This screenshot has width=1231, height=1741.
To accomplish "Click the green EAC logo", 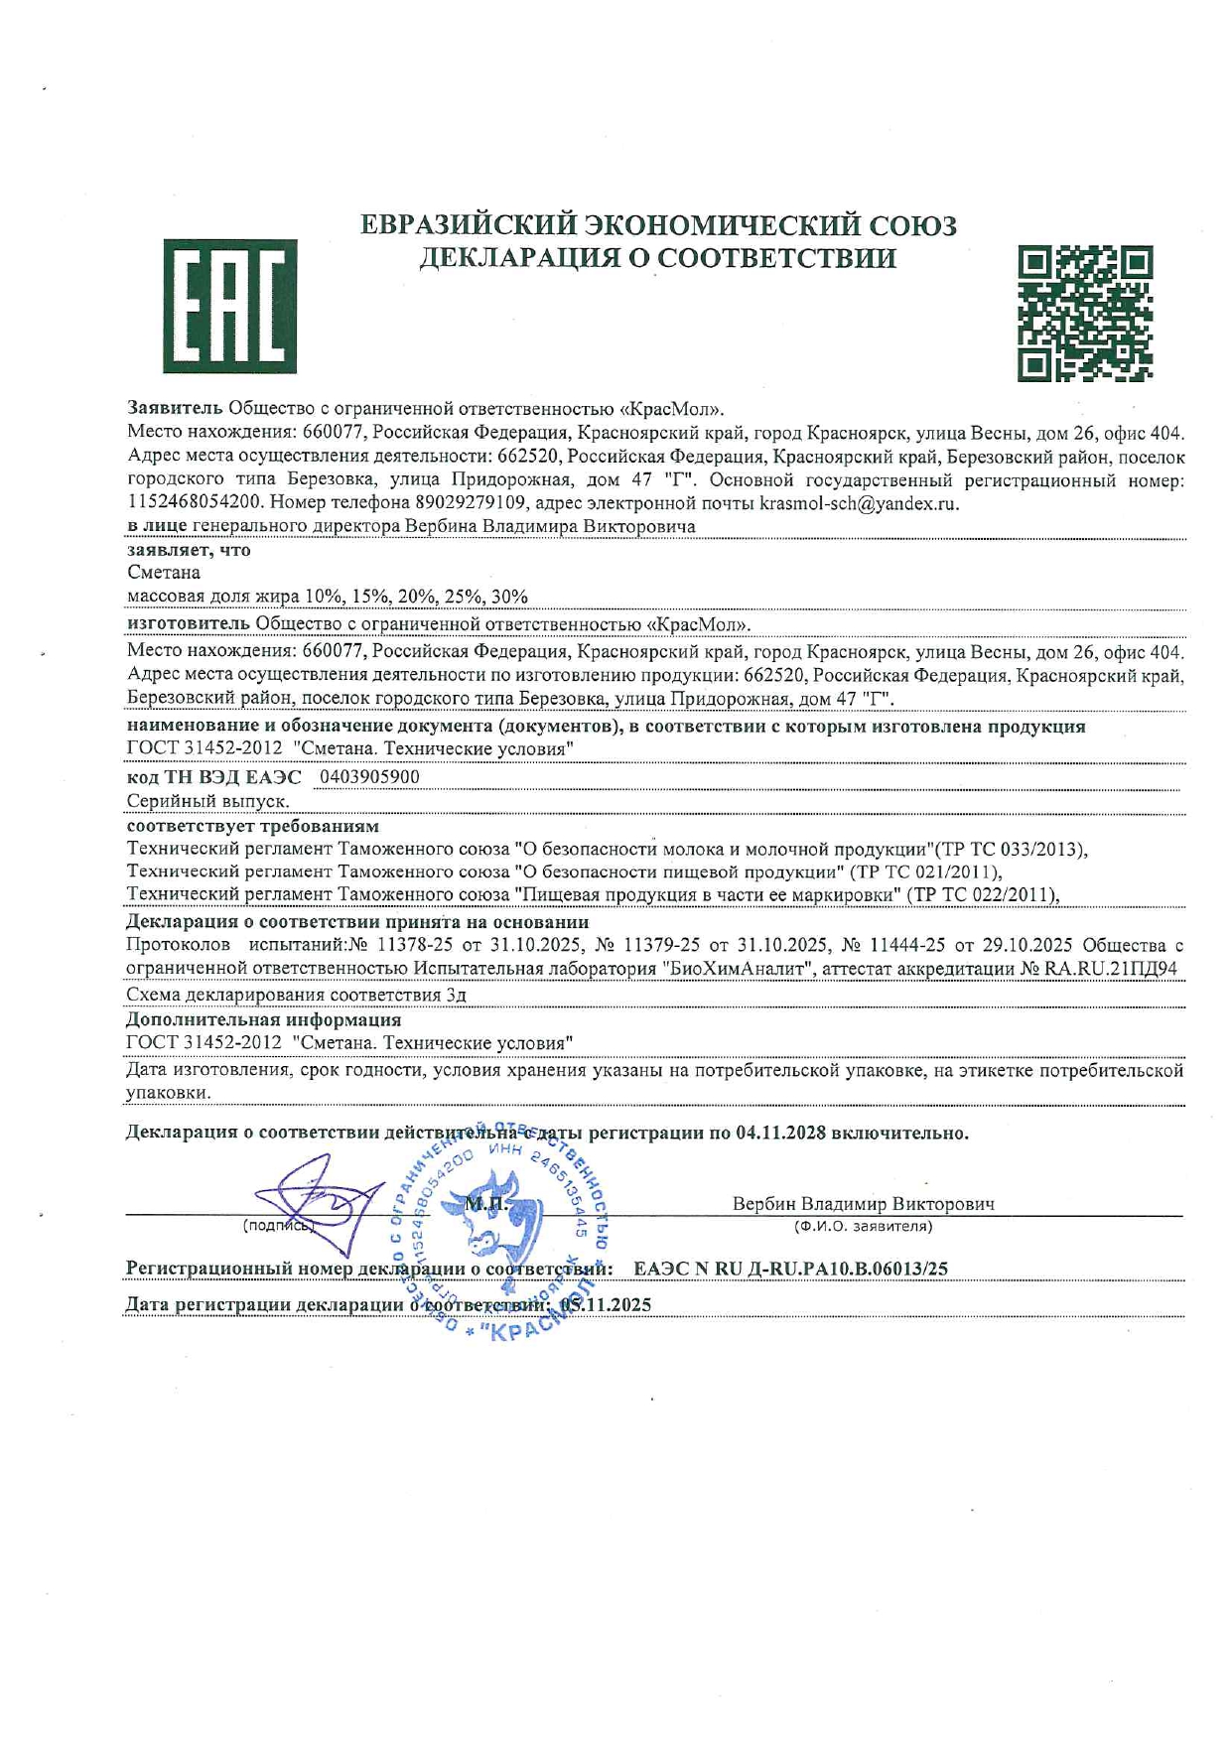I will coord(229,306).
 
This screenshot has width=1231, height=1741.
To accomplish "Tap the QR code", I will coord(1085,314).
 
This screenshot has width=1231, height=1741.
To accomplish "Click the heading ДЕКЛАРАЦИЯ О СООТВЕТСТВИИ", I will coord(657,258).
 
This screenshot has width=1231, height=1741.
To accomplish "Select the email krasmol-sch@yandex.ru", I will coord(859,503).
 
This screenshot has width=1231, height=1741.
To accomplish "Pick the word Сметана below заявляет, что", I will coord(164,573).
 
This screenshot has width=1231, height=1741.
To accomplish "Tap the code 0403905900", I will coord(369,776).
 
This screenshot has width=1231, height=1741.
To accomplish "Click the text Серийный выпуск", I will coord(208,801).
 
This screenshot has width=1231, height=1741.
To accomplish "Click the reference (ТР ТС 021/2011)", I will coord(925,871).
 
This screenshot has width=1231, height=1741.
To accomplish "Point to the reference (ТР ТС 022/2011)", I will coord(986,894).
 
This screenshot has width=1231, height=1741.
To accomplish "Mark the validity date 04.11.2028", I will coord(780,1133).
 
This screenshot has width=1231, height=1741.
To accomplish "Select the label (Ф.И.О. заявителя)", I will coord(863,1226).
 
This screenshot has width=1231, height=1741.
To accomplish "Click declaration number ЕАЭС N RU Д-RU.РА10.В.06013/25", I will coord(790,1269).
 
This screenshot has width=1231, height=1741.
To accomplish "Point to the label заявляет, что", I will coord(189,550).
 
